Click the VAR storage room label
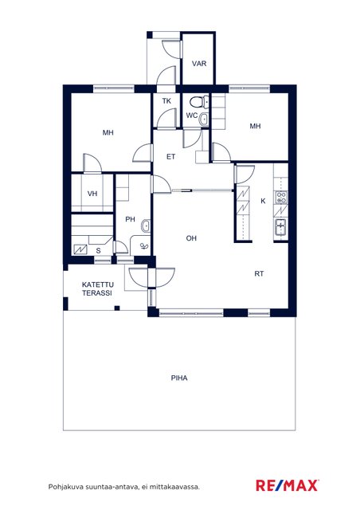[199, 64]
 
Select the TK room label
[166, 101]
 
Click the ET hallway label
[170, 157]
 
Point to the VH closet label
[92, 194]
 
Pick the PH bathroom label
[130, 220]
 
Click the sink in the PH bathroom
[146, 226]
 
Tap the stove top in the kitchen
[281, 197]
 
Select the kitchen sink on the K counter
[280, 226]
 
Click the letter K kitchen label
[263, 201]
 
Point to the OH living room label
[191, 238]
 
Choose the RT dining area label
[259, 274]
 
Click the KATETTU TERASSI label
[97, 288]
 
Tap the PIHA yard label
[179, 379]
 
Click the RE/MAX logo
[288, 485]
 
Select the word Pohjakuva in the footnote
[66, 487]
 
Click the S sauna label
[98, 251]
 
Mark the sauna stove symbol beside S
[80, 249]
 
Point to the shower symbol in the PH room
[144, 246]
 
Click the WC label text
[191, 116]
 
